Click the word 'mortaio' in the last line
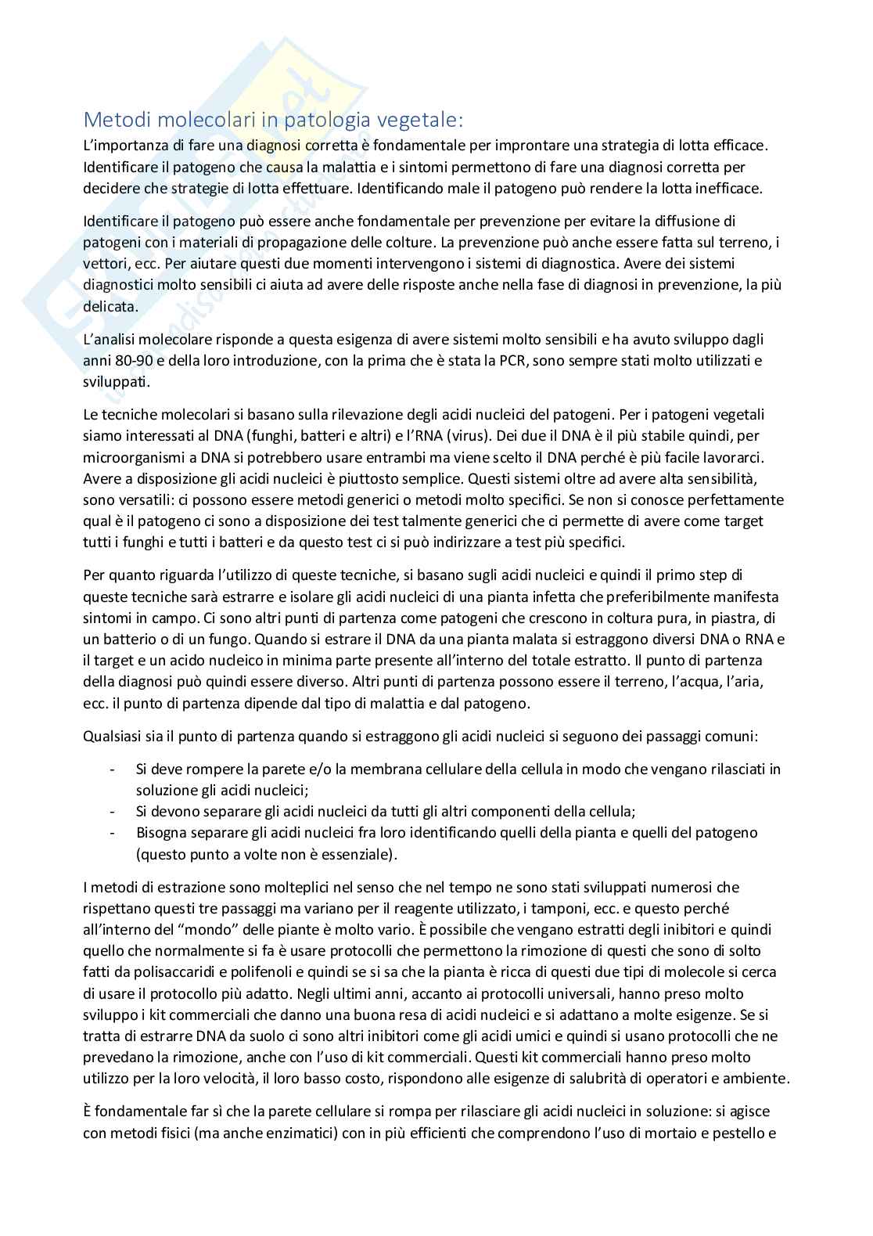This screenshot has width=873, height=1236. click(x=674, y=1132)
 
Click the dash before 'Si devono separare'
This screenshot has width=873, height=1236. click(x=113, y=812)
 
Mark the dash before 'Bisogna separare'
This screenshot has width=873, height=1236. click(x=113, y=833)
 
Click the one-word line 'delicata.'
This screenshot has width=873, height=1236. click(x=110, y=306)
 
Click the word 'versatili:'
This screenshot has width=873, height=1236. click(x=145, y=500)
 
